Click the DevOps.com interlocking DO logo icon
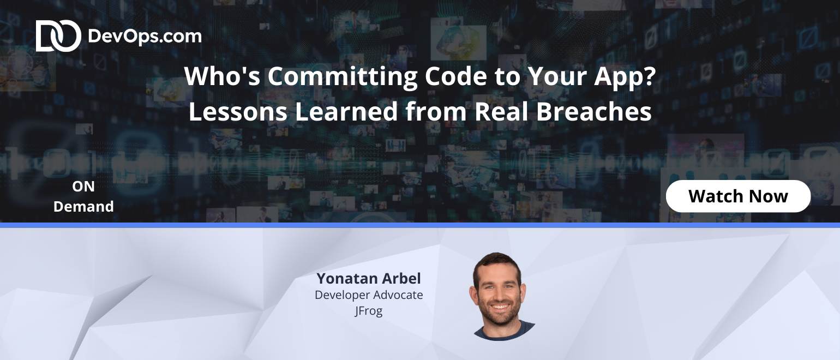click(58, 35)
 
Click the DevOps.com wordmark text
click(145, 37)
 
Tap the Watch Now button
click(738, 196)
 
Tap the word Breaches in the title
click(593, 111)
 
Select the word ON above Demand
click(83, 187)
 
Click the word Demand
click(83, 207)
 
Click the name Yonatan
click(347, 279)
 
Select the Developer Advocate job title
click(369, 295)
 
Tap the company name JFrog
click(369, 311)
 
